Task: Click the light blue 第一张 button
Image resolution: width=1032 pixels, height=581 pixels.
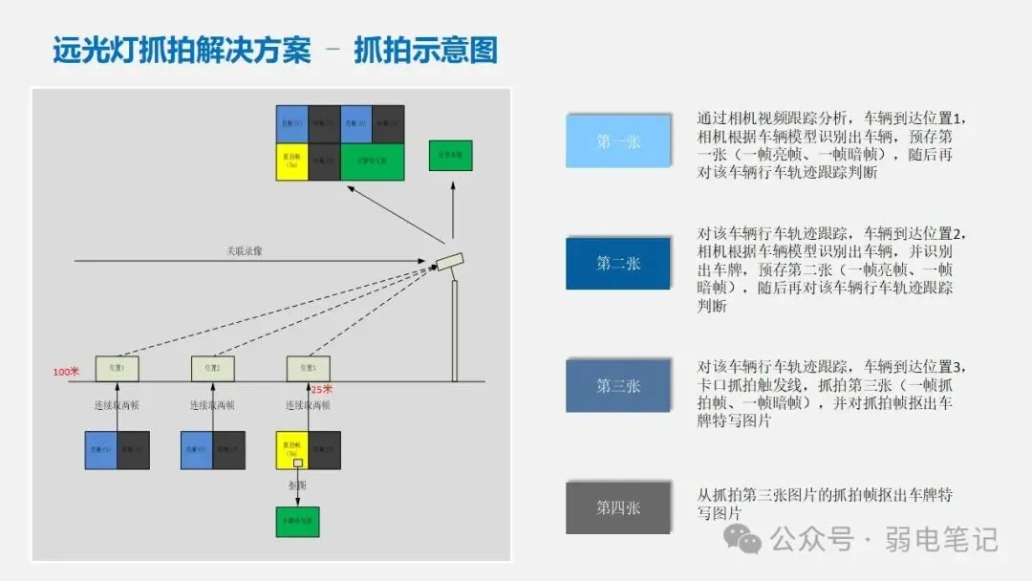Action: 618,141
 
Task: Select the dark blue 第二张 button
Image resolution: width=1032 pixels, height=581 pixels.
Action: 618,263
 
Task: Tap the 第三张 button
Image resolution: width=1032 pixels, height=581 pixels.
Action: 618,385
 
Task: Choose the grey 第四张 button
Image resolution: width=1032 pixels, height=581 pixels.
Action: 618,507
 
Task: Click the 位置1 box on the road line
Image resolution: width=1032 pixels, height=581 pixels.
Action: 117,368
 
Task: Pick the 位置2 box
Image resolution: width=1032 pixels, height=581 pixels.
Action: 212,368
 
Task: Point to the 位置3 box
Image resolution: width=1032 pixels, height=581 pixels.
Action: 308,368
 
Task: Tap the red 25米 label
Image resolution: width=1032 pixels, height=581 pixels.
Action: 322,389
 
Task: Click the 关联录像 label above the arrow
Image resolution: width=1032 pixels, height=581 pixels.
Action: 245,251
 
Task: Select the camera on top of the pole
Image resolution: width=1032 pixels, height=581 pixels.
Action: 449,261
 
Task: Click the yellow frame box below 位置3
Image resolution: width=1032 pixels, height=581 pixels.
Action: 292,449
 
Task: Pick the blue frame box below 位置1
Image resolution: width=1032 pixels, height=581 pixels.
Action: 101,449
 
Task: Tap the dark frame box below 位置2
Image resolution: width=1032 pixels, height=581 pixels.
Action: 228,449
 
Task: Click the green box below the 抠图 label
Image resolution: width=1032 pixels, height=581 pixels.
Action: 297,521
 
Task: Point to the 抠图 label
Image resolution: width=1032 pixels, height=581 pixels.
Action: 297,485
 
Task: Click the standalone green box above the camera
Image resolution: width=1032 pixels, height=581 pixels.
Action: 450,155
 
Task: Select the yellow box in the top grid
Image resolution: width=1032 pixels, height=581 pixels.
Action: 292,161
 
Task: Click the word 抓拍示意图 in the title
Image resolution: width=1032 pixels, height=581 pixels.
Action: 426,50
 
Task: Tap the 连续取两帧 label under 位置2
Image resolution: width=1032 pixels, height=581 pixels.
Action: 212,405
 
